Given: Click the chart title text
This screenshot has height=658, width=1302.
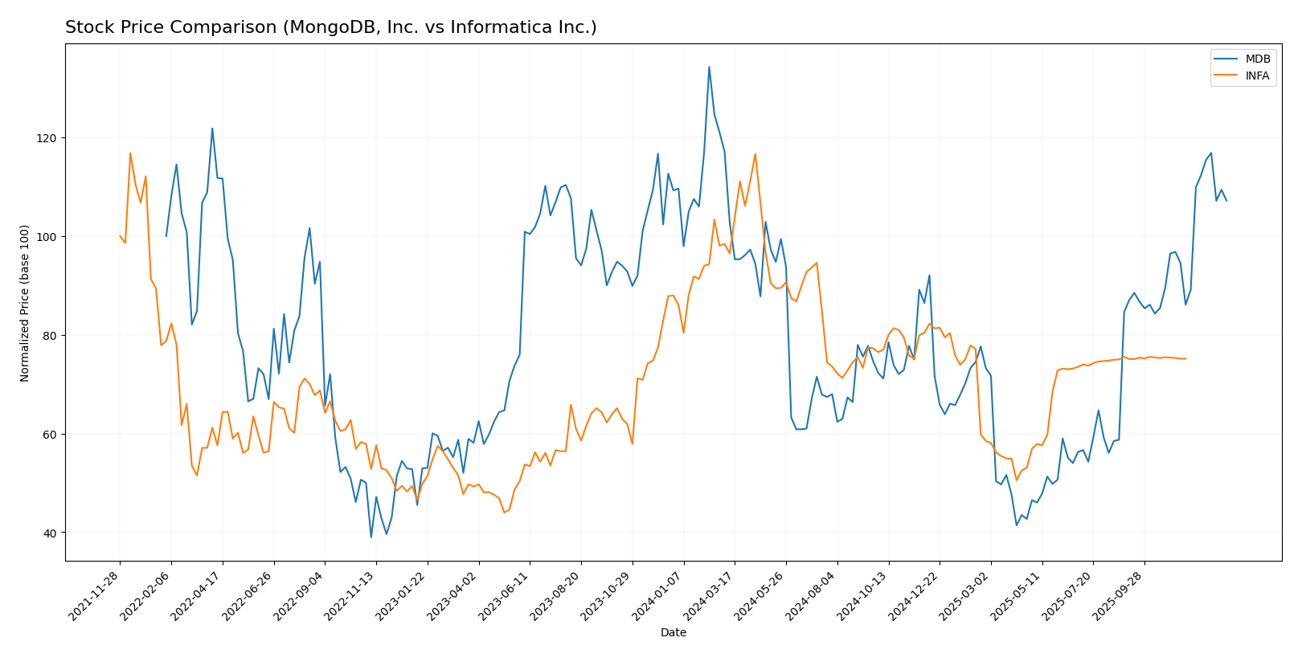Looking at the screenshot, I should coord(330,28).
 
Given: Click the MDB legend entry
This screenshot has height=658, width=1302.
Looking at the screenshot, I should coord(1258,59).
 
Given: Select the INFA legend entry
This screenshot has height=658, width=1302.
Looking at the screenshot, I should coord(1258,76).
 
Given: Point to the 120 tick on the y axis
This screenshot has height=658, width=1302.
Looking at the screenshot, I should coord(47,138).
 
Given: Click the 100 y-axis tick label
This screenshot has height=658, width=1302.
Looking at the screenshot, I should coord(47,237).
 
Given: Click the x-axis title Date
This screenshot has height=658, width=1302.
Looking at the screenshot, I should coord(674,633).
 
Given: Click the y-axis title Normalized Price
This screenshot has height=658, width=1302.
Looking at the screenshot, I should coord(25,303).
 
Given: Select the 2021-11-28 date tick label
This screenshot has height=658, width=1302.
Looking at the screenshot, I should coord(95,595).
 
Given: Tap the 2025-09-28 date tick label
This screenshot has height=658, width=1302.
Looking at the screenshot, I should coord(1120,595).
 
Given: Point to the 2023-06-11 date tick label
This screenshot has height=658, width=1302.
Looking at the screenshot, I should coord(505,595).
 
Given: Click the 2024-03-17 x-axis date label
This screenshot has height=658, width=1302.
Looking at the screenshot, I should coord(710,595).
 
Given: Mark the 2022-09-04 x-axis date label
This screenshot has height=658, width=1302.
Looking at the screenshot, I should coord(300,595).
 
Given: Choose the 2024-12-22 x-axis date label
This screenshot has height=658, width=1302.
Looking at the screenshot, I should coord(915,595).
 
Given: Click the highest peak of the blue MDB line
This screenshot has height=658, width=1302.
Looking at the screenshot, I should coord(709,67).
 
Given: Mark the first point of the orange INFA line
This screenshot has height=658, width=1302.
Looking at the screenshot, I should coord(120,236).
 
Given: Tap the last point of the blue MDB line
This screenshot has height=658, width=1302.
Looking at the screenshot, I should coord(1226,201).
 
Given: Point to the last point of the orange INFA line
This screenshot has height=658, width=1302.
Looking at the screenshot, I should coord(1185,358).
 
